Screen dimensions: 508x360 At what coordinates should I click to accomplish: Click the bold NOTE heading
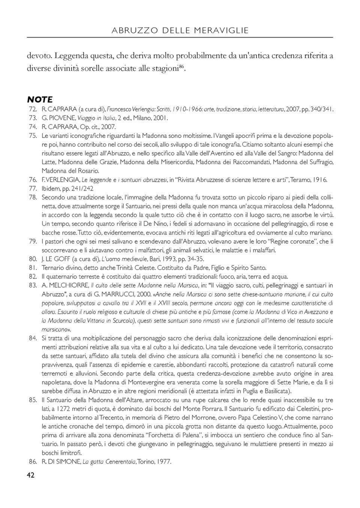(x=40, y=100)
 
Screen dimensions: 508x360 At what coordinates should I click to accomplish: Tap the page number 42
(x=31, y=475)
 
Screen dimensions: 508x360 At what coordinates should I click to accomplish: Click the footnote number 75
(x=32, y=136)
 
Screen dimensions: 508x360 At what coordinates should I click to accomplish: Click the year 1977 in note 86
(x=164, y=462)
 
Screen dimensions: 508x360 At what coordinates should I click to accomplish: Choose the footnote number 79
(x=32, y=242)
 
